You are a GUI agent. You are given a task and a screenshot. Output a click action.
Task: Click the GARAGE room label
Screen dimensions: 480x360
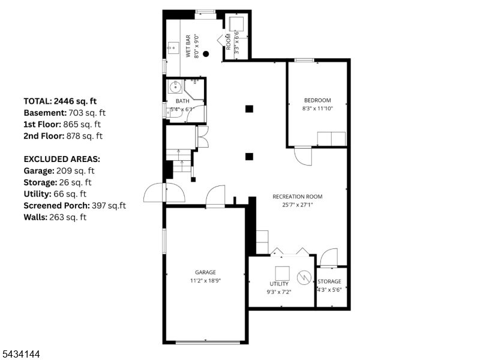click(x=205, y=272)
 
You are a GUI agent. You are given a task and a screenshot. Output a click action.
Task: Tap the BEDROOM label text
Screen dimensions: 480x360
click(x=317, y=100)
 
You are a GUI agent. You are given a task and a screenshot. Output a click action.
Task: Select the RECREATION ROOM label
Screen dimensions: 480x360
click(x=298, y=197)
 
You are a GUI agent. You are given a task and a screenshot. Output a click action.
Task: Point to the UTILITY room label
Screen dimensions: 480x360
click(x=279, y=284)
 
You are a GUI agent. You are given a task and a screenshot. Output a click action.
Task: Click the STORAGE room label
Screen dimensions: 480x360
click(x=329, y=281)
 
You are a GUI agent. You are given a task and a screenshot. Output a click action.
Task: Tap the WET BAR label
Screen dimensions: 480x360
click(x=188, y=46)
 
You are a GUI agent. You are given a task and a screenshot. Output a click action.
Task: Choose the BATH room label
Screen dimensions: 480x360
click(x=182, y=101)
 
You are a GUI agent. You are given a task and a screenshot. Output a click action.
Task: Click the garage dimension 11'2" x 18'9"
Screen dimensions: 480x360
click(x=205, y=280)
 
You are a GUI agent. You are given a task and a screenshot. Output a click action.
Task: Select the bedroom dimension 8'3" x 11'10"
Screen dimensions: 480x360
click(x=317, y=109)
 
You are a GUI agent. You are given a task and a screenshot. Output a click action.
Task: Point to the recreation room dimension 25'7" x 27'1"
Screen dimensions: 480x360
click(x=298, y=205)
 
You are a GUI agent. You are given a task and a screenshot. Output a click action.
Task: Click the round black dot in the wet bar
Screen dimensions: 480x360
click(x=206, y=54)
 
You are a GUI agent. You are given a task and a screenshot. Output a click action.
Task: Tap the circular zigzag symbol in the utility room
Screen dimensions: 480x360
click(x=304, y=278)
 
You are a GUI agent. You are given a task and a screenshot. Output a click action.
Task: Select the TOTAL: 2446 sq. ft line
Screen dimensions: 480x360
click(x=60, y=101)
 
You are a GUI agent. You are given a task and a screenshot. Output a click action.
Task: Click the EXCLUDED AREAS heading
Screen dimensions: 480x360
click(x=62, y=159)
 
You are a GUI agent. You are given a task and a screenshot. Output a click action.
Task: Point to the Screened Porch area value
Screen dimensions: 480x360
click(x=109, y=205)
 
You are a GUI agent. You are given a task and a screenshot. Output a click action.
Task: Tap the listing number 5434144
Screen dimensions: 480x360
click(x=20, y=354)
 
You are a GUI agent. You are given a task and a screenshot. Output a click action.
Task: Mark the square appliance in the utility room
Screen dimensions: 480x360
click(x=282, y=274)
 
